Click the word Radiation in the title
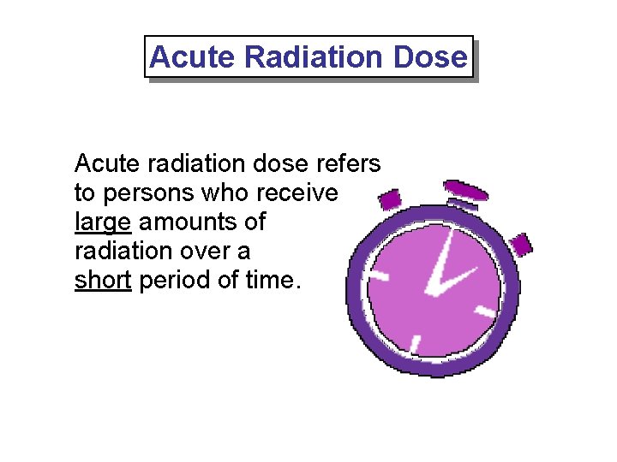pos(314,57)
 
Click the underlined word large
pos(103,222)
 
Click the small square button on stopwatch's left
pos(390,200)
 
